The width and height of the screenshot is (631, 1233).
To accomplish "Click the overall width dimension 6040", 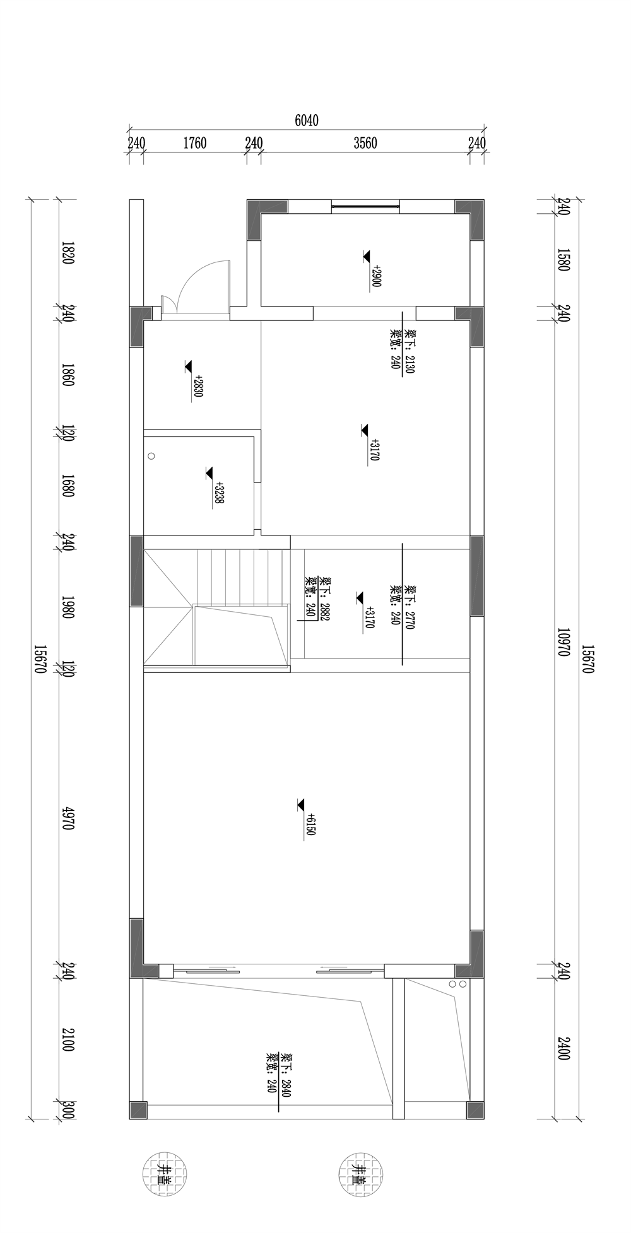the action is [x=307, y=120].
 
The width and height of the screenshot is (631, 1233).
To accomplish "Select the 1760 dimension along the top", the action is [x=195, y=143].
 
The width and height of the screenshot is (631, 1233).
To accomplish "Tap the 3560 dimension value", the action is [x=365, y=143].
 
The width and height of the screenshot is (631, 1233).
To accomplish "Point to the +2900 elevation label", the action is [x=377, y=276].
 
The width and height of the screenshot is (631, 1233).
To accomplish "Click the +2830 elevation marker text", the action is [x=199, y=385].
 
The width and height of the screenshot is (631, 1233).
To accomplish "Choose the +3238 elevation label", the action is [x=220, y=493].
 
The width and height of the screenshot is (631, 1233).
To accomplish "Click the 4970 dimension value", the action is [x=69, y=818].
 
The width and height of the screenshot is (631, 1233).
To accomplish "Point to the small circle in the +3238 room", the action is [x=151, y=455].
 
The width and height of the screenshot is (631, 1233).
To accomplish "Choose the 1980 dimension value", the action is [x=69, y=607].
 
